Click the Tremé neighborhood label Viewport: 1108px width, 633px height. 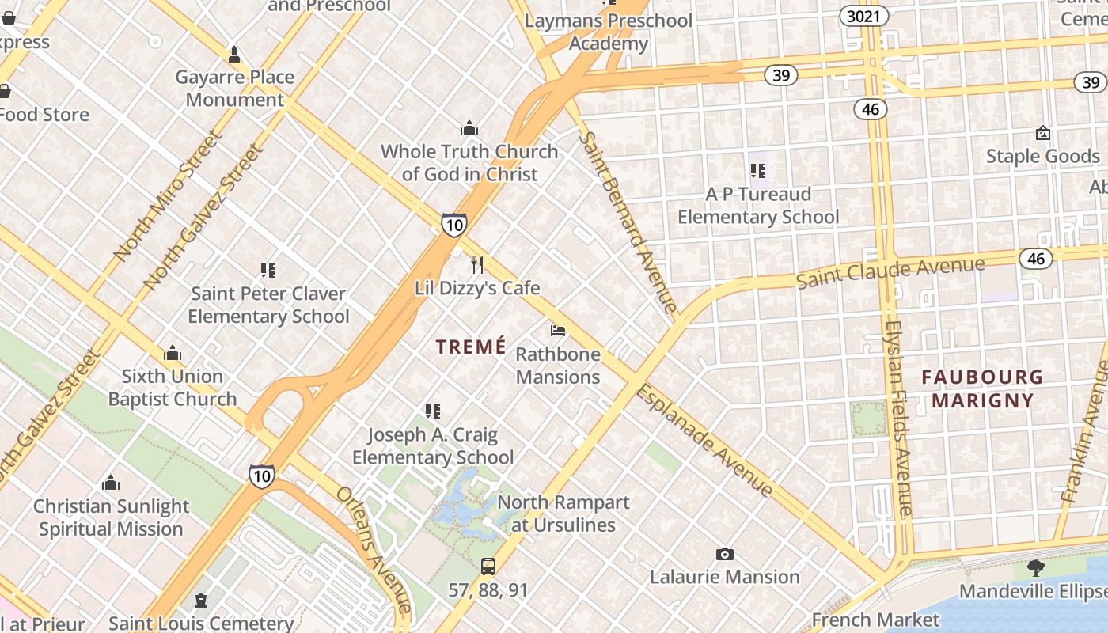pos(471,347)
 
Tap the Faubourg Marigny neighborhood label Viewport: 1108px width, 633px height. pos(982,389)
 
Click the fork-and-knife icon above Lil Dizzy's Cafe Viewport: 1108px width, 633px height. pos(476,264)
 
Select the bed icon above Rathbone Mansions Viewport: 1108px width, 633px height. pos(558,331)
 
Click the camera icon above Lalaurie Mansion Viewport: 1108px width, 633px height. pos(724,554)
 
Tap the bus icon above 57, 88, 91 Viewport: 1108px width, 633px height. pos(488,567)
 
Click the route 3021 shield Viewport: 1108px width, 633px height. pos(863,16)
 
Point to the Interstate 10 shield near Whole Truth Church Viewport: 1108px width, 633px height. pos(453,225)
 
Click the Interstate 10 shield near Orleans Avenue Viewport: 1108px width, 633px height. pos(262,476)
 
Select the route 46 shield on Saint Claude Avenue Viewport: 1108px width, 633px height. pos(1036,258)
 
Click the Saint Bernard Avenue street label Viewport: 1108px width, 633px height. pos(628,222)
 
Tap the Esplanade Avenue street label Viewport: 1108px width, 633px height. pos(704,440)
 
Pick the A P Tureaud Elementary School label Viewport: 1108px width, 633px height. pos(758,205)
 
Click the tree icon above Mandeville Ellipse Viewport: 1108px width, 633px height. pos(1034,567)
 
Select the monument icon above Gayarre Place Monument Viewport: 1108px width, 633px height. pos(234,55)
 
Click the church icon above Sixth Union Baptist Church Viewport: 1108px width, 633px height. pos(173,353)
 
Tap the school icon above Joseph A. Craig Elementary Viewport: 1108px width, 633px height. pos(432,411)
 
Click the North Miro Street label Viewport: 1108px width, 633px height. pos(167,195)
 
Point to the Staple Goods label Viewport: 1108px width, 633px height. pos(1042,156)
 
